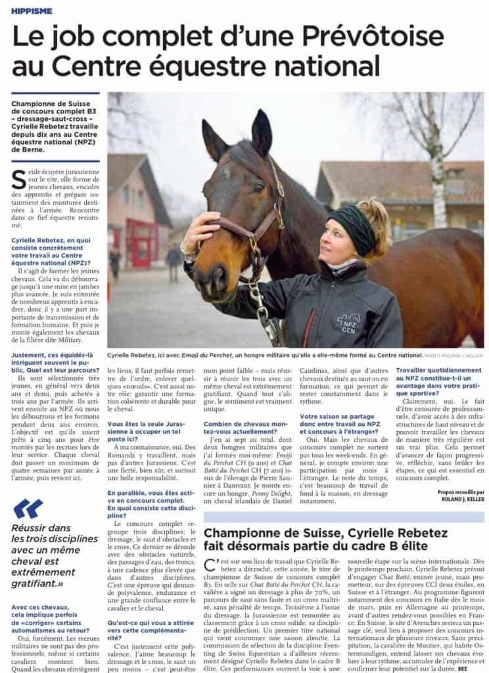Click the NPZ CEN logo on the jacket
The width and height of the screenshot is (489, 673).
(348, 323)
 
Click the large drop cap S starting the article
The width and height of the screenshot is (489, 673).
(18, 179)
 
